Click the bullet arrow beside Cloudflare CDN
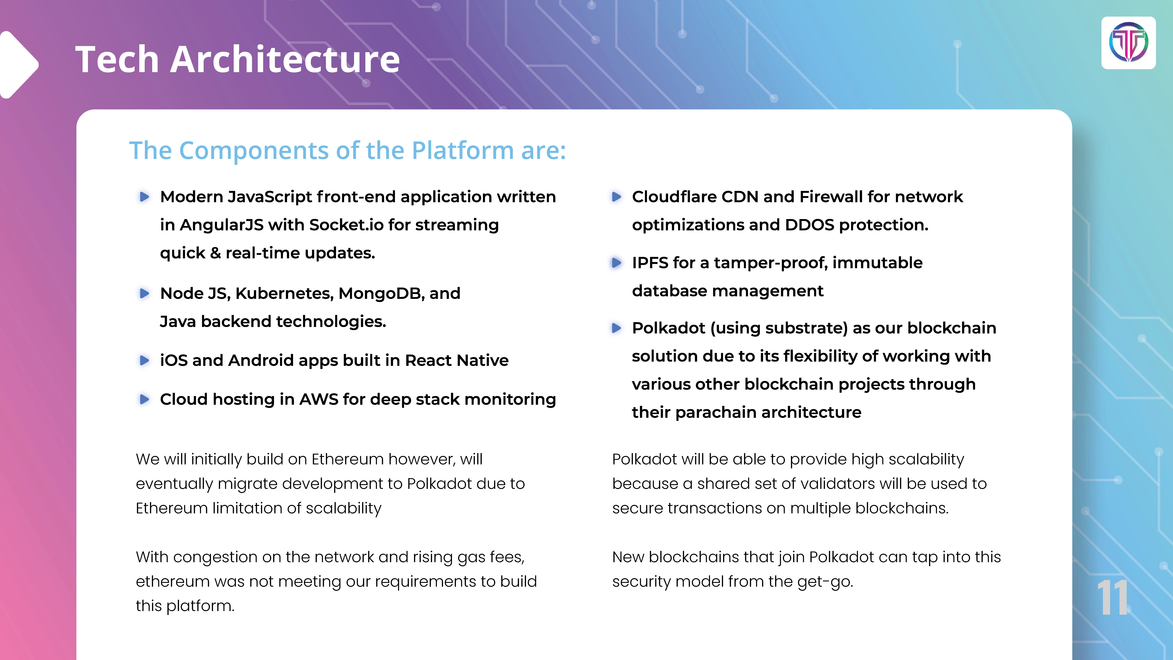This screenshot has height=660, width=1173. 616,197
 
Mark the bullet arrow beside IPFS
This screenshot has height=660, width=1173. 616,263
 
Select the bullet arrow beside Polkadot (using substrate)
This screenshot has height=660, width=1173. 616,328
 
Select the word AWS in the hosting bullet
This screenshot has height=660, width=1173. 319,399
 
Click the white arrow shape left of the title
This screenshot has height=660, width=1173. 19,65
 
